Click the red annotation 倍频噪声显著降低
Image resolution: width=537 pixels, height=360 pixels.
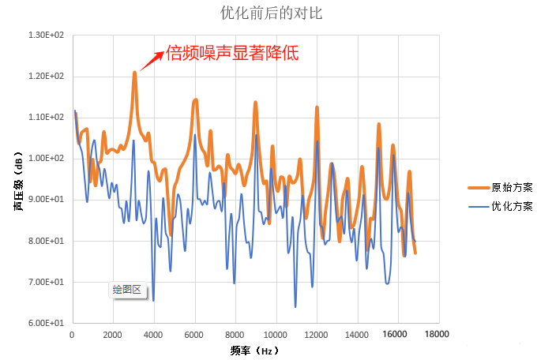pyautogui.click(x=231, y=53)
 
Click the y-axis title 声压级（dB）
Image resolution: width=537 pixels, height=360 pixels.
pyautogui.click(x=18, y=180)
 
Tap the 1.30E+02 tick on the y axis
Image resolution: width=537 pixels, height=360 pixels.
pyautogui.click(x=46, y=36)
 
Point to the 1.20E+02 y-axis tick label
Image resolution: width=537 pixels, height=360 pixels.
pyautogui.click(x=46, y=77)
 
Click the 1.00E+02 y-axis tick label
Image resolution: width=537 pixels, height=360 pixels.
pyautogui.click(x=46, y=159)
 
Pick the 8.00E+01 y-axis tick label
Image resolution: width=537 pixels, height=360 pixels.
pyautogui.click(x=46, y=241)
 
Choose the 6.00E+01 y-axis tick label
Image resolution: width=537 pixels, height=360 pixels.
pyautogui.click(x=46, y=323)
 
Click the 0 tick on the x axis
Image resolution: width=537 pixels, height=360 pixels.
pyautogui.click(x=72, y=335)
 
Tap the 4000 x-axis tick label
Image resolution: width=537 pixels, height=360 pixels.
pyautogui.click(x=153, y=335)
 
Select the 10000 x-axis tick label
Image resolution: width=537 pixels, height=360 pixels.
pyautogui.click(x=276, y=335)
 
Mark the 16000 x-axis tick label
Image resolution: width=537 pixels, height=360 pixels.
pyautogui.click(x=398, y=335)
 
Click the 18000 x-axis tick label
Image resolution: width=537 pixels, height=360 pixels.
pyautogui.click(x=438, y=335)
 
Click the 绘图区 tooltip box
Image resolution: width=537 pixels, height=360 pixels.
pyautogui.click(x=126, y=290)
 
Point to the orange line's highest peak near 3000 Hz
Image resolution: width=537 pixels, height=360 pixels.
pyautogui.click(x=134, y=73)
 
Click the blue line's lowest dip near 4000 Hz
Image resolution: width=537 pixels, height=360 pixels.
pyautogui.click(x=153, y=300)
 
